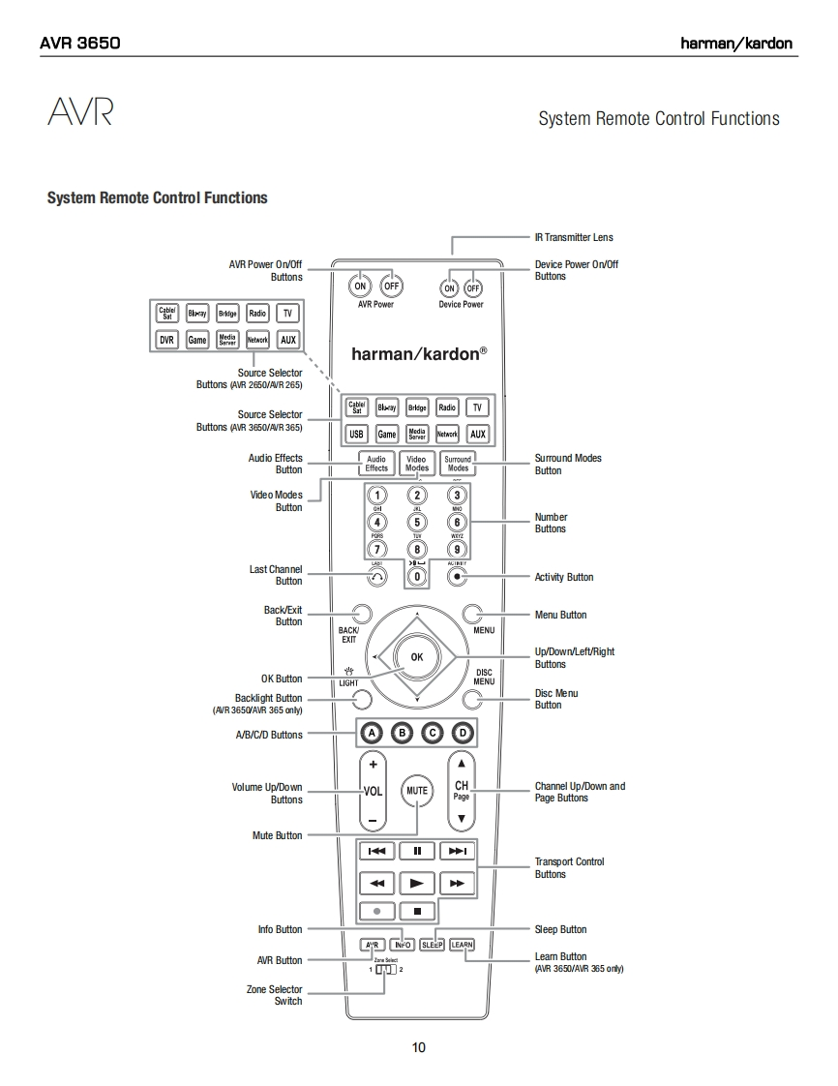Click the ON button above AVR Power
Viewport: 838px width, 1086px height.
coord(360,287)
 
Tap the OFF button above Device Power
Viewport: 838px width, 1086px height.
coord(473,288)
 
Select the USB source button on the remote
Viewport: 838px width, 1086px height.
coord(357,435)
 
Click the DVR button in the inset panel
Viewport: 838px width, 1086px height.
coord(166,340)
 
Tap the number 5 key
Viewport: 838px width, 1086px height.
coord(417,523)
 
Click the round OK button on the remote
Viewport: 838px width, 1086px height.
coord(416,656)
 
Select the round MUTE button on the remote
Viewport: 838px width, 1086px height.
coord(417,791)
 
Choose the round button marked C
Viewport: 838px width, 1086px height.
coord(433,733)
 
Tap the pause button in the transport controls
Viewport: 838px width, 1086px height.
coord(417,851)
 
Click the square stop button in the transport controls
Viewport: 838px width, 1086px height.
coord(417,911)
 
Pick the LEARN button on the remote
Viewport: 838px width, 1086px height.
coord(463,945)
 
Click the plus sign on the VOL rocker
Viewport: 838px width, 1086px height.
coord(373,763)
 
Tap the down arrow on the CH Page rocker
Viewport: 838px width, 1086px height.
coord(462,819)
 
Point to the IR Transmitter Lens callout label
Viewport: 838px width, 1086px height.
coord(574,237)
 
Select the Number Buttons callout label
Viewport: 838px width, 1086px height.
coord(552,523)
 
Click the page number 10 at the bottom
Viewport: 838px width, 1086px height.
coord(418,1047)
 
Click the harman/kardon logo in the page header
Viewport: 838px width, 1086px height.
coord(736,43)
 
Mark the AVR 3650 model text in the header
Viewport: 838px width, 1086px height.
coord(79,43)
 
